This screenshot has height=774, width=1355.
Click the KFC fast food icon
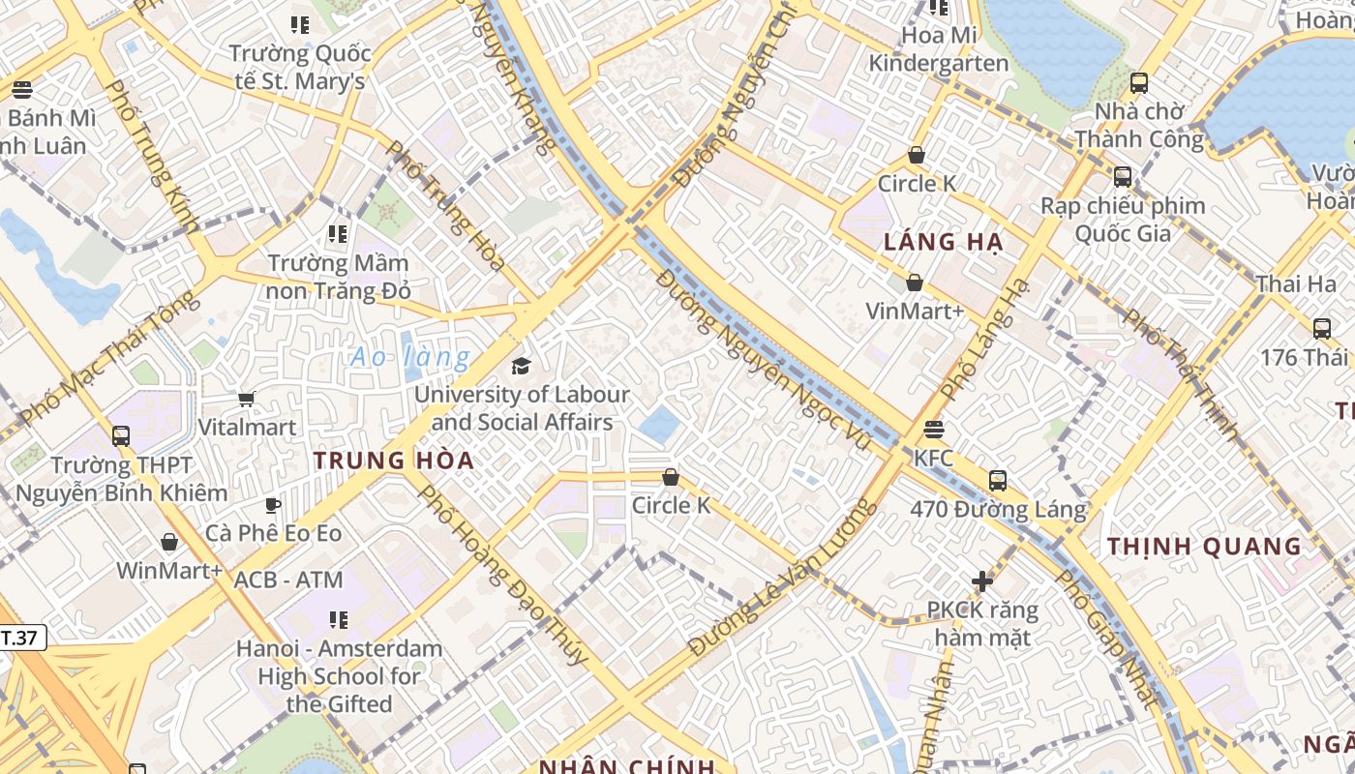tap(934, 429)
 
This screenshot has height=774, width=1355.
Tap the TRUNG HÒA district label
tap(394, 461)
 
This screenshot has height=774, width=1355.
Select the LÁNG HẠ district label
tap(943, 242)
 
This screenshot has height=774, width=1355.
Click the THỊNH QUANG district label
tap(1204, 547)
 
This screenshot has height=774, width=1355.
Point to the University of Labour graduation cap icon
tap(522, 366)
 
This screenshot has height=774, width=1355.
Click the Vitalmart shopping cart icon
tap(247, 399)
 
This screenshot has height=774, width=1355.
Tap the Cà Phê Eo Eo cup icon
tap(273, 505)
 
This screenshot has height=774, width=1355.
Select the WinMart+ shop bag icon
tap(169, 542)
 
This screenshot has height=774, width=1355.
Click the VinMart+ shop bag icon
tap(914, 283)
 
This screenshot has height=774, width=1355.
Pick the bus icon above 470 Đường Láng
tap(998, 480)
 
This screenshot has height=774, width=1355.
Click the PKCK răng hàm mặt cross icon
tap(982, 581)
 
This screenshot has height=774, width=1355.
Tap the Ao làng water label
tap(410, 358)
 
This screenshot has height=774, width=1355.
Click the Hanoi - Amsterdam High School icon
tap(338, 619)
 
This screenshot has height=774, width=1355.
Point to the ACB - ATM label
tap(288, 580)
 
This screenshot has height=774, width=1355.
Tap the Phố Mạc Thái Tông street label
tap(108, 358)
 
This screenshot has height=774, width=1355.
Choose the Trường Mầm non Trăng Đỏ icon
tap(338, 234)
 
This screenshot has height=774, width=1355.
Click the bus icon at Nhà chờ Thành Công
tap(1139, 83)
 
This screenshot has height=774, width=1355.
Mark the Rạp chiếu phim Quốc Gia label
tap(1123, 220)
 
